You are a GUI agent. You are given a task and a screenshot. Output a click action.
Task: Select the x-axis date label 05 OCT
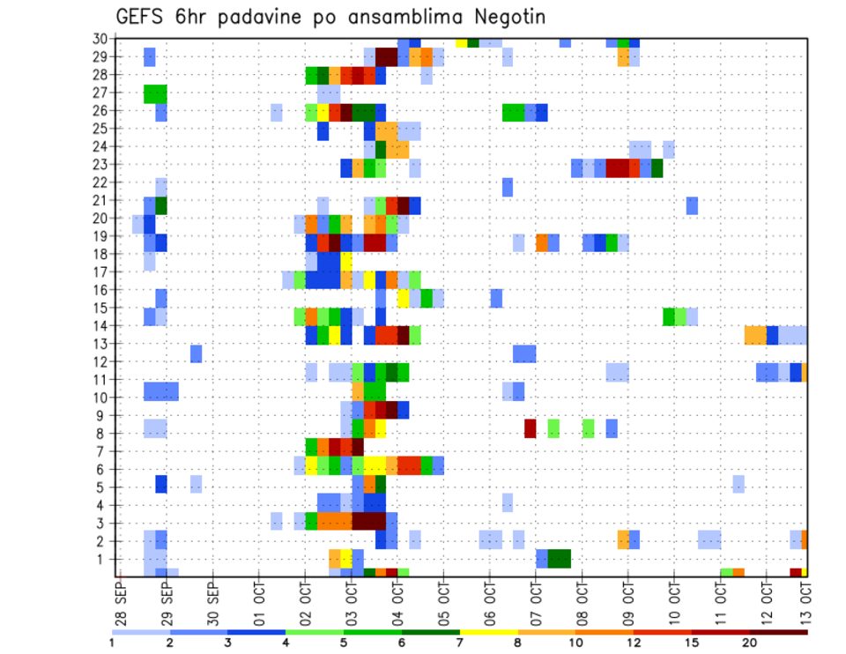tap(443, 601)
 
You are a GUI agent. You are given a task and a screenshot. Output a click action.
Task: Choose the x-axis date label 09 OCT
tap(627, 601)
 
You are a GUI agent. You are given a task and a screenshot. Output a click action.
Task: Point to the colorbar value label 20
tap(750, 643)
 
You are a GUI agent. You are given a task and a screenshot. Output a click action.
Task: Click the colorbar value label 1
tap(111, 643)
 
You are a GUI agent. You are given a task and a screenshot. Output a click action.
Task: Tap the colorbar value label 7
tap(460, 643)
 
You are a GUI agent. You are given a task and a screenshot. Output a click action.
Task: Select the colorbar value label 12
tap(634, 643)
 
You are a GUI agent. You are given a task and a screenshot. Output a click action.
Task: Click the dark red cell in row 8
tap(531, 428)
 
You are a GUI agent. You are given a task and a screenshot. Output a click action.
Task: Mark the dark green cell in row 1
tap(559, 559)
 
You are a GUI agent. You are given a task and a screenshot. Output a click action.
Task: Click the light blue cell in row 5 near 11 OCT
tap(738, 484)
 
